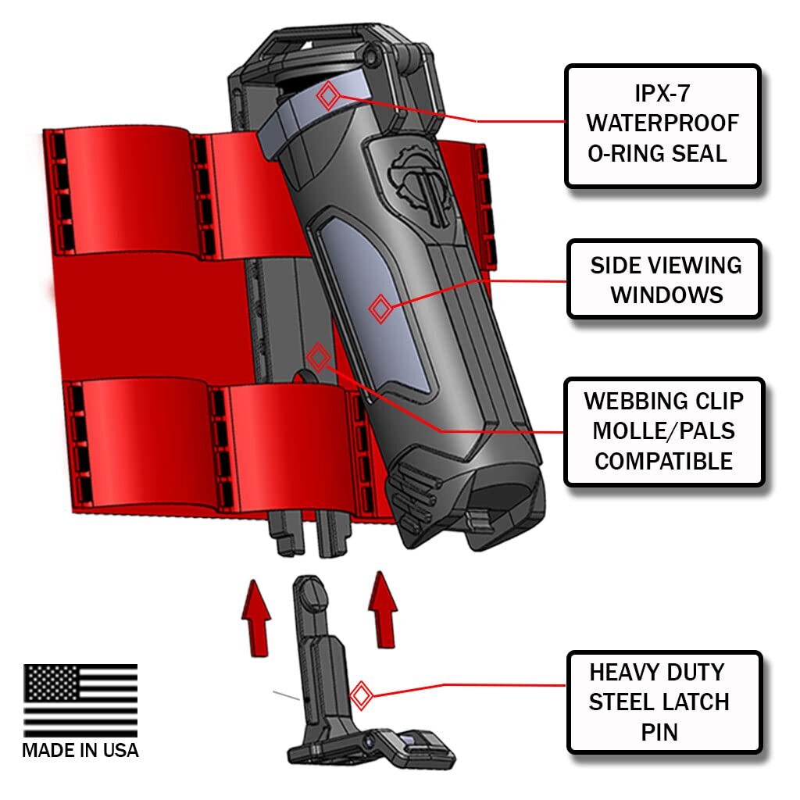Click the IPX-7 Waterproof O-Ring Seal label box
pos(662,126)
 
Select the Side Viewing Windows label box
pos(664,279)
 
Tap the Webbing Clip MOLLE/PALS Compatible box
pos(663,430)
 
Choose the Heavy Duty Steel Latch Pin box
pos(663,702)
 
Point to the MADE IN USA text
pos(80,751)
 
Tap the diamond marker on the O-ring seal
pos(328,96)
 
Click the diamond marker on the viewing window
pos(380,309)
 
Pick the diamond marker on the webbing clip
pos(316,358)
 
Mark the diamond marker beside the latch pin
pos(360,694)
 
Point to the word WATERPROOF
pos(662,123)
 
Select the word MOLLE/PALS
pos(663,430)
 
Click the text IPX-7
pos(662,95)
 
